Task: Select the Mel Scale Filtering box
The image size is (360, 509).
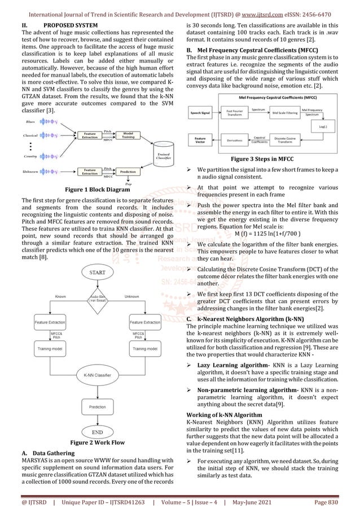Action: [x=288, y=113]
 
